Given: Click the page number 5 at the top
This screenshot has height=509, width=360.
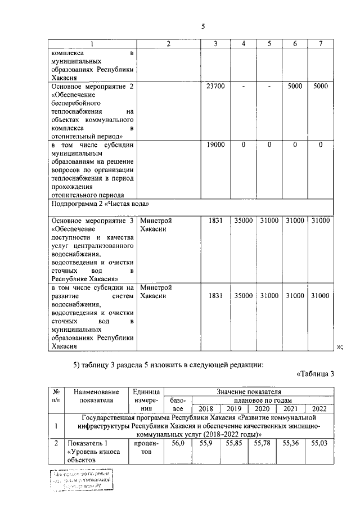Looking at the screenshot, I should coord(205,26).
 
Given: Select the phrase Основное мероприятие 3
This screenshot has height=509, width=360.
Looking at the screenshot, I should coord(93,221).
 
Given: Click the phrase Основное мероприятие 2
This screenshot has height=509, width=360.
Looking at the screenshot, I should coord(93,87).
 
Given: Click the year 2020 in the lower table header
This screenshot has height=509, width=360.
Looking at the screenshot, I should coord(263,408).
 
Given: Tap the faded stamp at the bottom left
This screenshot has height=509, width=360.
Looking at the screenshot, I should coord(80,481).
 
